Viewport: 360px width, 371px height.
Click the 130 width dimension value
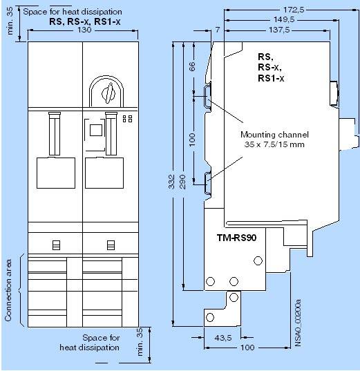[84, 30]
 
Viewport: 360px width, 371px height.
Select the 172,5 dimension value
[294, 10]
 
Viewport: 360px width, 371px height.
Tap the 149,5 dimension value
[284, 19]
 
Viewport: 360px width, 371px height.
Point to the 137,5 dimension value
[279, 30]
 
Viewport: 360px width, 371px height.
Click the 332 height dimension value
[171, 182]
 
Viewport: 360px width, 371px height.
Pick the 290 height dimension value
[182, 182]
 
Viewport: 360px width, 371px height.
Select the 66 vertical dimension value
[193, 66]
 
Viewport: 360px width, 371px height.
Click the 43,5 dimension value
[223, 338]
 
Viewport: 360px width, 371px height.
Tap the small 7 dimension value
[218, 30]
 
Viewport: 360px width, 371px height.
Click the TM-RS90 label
[236, 238]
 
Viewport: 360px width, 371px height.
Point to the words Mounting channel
[274, 135]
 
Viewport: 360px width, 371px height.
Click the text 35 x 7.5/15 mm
[274, 144]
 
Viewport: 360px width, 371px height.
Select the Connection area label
[8, 290]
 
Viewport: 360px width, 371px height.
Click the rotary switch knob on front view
[108, 94]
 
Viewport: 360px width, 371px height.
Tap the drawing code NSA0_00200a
[298, 323]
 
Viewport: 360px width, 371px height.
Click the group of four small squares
[128, 119]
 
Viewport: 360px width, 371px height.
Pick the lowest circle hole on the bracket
[210, 317]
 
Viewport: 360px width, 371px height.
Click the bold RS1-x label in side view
[271, 78]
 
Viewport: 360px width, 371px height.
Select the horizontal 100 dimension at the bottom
[247, 348]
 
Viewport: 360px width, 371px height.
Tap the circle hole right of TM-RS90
[258, 260]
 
